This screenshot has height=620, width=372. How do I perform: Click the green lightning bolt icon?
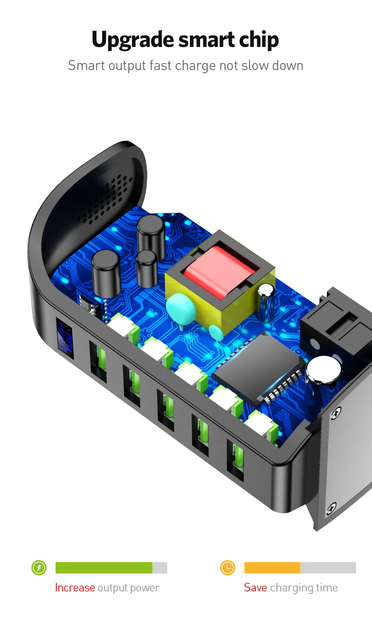(39, 568)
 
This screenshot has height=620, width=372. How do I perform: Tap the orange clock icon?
(228, 568)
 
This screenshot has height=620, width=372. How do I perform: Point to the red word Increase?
(75, 588)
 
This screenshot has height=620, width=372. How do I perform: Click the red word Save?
(255, 588)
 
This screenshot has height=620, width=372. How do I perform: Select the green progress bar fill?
(104, 568)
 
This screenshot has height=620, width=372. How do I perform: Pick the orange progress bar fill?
(272, 568)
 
